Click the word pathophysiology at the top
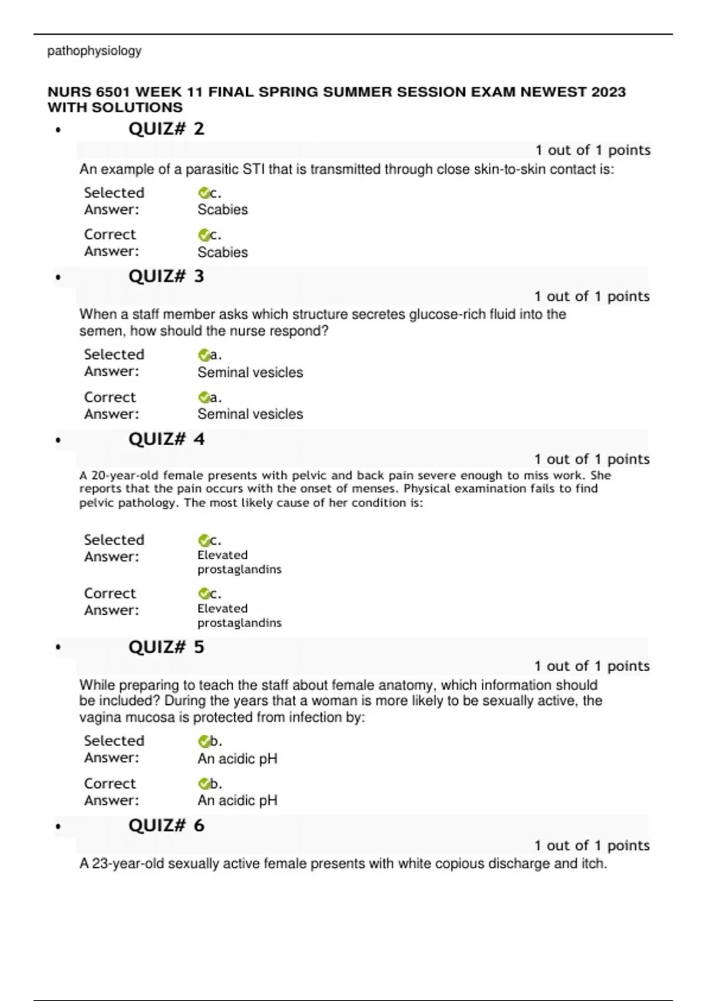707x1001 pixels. coord(94,51)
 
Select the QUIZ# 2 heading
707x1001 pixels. coord(166,129)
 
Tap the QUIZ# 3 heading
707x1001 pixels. coord(166,276)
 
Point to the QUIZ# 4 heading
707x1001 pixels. coord(166,439)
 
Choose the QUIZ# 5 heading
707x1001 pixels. coord(166,647)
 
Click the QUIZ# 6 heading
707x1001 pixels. coord(166,826)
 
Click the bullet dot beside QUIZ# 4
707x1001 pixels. coord(58,440)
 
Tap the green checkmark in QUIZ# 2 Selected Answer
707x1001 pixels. coord(204,193)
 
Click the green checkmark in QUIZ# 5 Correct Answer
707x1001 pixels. coord(204,784)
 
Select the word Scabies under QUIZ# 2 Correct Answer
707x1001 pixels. coord(222,252)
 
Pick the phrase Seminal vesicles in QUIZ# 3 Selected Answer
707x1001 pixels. coord(250,372)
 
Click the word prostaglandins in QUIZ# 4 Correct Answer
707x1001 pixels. coord(239,622)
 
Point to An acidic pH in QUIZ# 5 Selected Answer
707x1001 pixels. coord(237,758)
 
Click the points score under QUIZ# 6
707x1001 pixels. coord(592,846)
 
